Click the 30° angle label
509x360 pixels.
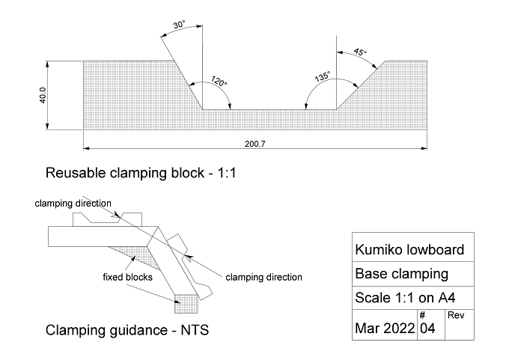pyautogui.click(x=179, y=25)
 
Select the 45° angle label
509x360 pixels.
pyautogui.click(x=360, y=52)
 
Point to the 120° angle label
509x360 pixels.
pyautogui.click(x=219, y=81)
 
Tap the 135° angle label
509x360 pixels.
pyautogui.click(x=323, y=76)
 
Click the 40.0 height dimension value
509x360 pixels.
pyautogui.click(x=43, y=96)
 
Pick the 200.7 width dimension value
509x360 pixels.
pyautogui.click(x=254, y=144)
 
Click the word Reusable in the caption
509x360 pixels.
pyautogui.click(x=76, y=173)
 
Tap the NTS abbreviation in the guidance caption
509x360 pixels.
pyautogui.click(x=195, y=330)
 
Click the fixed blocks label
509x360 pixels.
pyautogui.click(x=127, y=277)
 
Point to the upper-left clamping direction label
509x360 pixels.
pyautogui.click(x=73, y=204)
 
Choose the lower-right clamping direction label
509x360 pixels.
pyautogui.click(x=264, y=277)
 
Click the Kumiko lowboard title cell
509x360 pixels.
pyautogui.click(x=409, y=250)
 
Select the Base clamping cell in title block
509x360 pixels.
pyautogui.click(x=401, y=274)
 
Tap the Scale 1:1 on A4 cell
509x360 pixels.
pyautogui.click(x=405, y=298)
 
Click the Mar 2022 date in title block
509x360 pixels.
pyautogui.click(x=385, y=328)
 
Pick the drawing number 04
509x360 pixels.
pyautogui.click(x=427, y=329)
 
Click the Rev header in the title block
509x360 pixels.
pyautogui.click(x=456, y=315)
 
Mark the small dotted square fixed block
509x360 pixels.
pyautogui.click(x=186, y=304)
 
